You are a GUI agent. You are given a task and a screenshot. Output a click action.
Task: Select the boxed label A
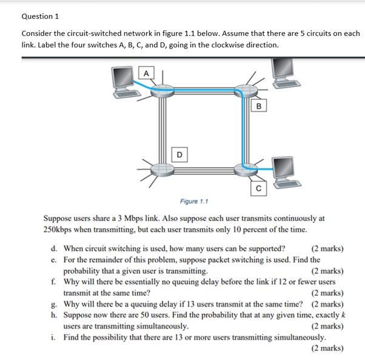click(145, 73)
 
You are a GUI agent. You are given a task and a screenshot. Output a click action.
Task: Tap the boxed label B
click(259, 107)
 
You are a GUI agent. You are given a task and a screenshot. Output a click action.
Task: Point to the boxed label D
click(179, 154)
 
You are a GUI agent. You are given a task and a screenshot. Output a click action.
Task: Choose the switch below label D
click(162, 168)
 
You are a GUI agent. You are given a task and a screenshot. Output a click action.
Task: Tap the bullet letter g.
click(54, 304)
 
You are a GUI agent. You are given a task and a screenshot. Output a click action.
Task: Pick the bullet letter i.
click(54, 337)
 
